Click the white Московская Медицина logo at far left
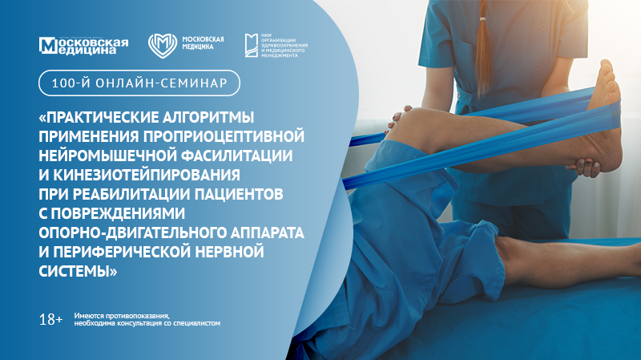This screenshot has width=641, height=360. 84,45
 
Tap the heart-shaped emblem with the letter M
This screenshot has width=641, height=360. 161,45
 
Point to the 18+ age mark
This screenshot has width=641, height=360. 50,319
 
